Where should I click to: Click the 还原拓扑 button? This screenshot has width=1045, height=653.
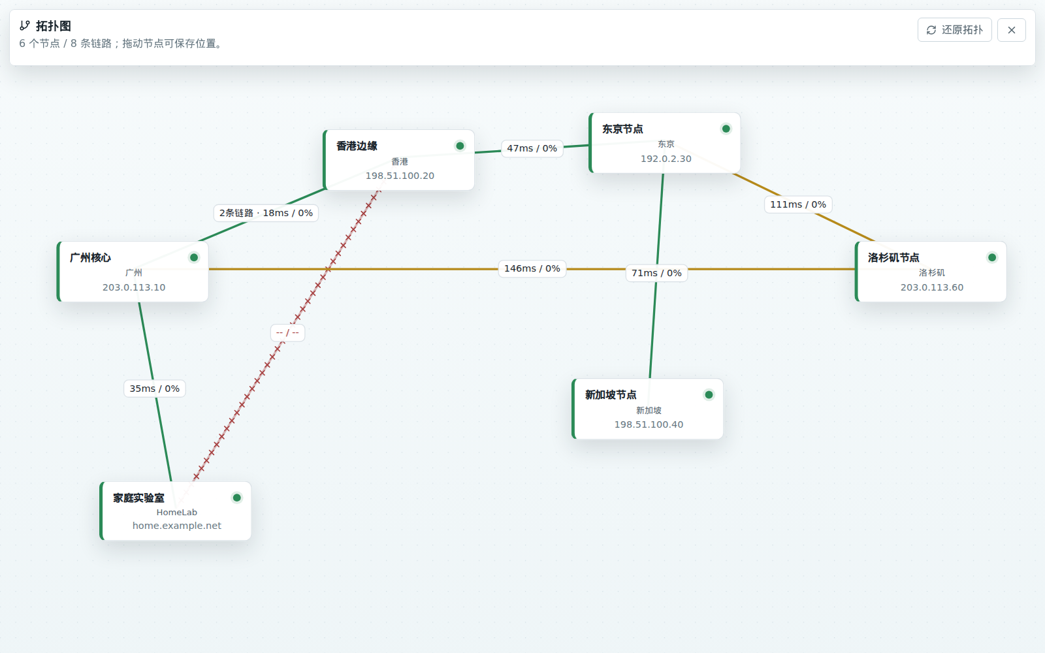point(954,30)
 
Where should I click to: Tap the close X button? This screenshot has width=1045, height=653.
point(1012,30)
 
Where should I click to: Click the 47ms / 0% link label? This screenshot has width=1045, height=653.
point(532,148)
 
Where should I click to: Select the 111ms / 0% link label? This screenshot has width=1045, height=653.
point(797,204)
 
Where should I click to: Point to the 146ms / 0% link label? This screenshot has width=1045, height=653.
point(532,268)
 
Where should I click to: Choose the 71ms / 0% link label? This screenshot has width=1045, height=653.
point(656,273)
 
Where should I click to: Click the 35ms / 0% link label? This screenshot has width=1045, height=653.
point(154,389)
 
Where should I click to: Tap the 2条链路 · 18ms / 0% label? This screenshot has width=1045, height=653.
point(266,213)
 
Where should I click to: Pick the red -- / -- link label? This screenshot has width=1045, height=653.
point(287,332)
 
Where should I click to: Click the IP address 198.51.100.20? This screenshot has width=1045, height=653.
point(400,176)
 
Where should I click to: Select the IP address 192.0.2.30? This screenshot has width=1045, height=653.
point(666,159)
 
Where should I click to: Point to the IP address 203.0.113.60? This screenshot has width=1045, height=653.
point(931,287)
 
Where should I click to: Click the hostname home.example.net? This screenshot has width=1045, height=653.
point(177,526)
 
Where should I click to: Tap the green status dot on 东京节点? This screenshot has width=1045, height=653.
point(726,129)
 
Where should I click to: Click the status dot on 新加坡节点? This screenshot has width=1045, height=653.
point(709,395)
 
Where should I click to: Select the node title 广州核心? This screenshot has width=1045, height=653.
point(91,257)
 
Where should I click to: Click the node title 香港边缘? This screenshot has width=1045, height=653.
point(357,146)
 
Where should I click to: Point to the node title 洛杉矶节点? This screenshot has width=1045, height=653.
point(893,257)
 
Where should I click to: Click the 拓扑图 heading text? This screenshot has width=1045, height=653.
point(53,26)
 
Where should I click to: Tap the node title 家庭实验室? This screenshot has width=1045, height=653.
point(138,498)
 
